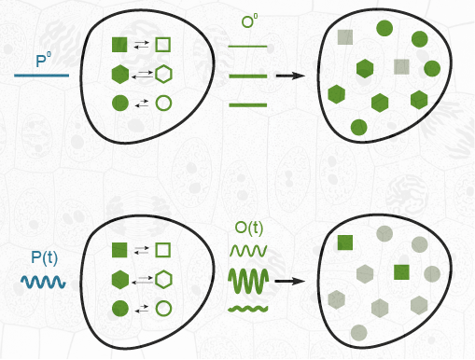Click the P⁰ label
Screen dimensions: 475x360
pyautogui.click(x=43, y=61)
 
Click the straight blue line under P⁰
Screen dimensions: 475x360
pyautogui.click(x=41, y=76)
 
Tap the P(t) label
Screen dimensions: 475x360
pyautogui.click(x=45, y=257)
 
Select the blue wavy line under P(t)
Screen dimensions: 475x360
pyautogui.click(x=43, y=282)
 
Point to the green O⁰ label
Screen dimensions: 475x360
pyautogui.click(x=249, y=21)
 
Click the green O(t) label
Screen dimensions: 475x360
pyautogui.click(x=249, y=228)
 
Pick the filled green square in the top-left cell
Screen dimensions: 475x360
pyautogui.click(x=119, y=45)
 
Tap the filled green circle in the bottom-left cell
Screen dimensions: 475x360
pyautogui.click(x=120, y=309)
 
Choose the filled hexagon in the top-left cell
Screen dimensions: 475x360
pyautogui.click(x=120, y=75)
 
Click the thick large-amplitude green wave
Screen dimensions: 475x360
pyautogui.click(x=248, y=282)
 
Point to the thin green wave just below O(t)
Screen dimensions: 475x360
pyautogui.click(x=248, y=251)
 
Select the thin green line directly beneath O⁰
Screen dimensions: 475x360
pyautogui.click(x=247, y=47)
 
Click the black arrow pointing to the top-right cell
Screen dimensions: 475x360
pyautogui.click(x=290, y=76)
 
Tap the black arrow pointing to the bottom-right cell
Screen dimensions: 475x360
pyautogui.click(x=290, y=282)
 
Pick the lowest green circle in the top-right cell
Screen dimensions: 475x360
pyautogui.click(x=358, y=128)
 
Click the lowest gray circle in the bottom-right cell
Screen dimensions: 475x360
pyautogui.click(x=358, y=333)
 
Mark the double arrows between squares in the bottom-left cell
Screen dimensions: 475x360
pyautogui.click(x=142, y=250)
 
